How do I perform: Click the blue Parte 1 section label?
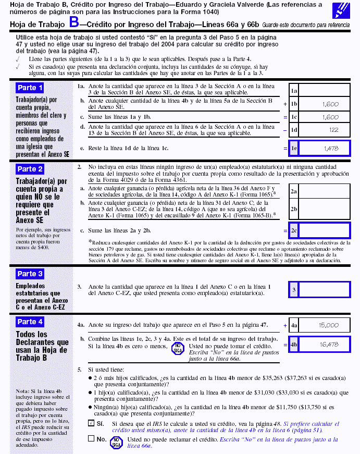(x=30, y=88)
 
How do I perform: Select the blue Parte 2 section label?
(x=30, y=169)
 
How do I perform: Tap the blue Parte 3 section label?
(x=30, y=274)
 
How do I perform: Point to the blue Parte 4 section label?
(x=30, y=322)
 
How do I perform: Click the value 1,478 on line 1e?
(x=331, y=149)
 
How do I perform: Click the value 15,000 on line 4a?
(x=328, y=325)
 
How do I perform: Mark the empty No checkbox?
(x=91, y=439)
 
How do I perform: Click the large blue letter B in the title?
(x=75, y=23)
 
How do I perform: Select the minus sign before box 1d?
(x=285, y=130)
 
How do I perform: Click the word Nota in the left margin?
(x=22, y=391)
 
